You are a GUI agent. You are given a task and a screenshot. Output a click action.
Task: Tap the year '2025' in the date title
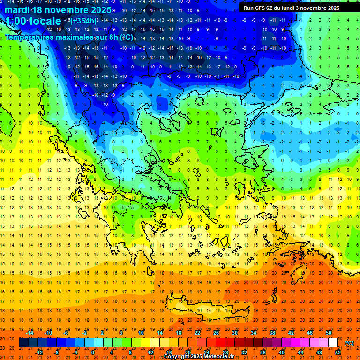coord(99,10)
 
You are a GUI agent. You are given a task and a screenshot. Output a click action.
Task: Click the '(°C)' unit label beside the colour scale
coord(349,343)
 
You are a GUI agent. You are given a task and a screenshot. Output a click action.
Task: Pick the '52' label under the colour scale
coord(338,352)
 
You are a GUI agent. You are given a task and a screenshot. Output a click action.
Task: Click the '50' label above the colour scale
coord(328,332)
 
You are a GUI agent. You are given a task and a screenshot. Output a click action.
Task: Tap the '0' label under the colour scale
coord(93,352)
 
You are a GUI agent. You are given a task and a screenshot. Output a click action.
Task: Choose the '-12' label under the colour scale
coord(39,352)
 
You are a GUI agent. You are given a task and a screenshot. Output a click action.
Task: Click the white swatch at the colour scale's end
coord(333,343)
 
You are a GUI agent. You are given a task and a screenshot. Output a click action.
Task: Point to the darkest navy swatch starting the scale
coord(23,343)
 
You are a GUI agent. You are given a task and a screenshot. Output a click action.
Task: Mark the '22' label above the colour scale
coord(197,332)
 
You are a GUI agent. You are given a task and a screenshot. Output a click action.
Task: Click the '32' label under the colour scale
coord(244,352)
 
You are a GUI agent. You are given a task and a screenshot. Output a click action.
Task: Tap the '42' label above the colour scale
coord(291,332)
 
